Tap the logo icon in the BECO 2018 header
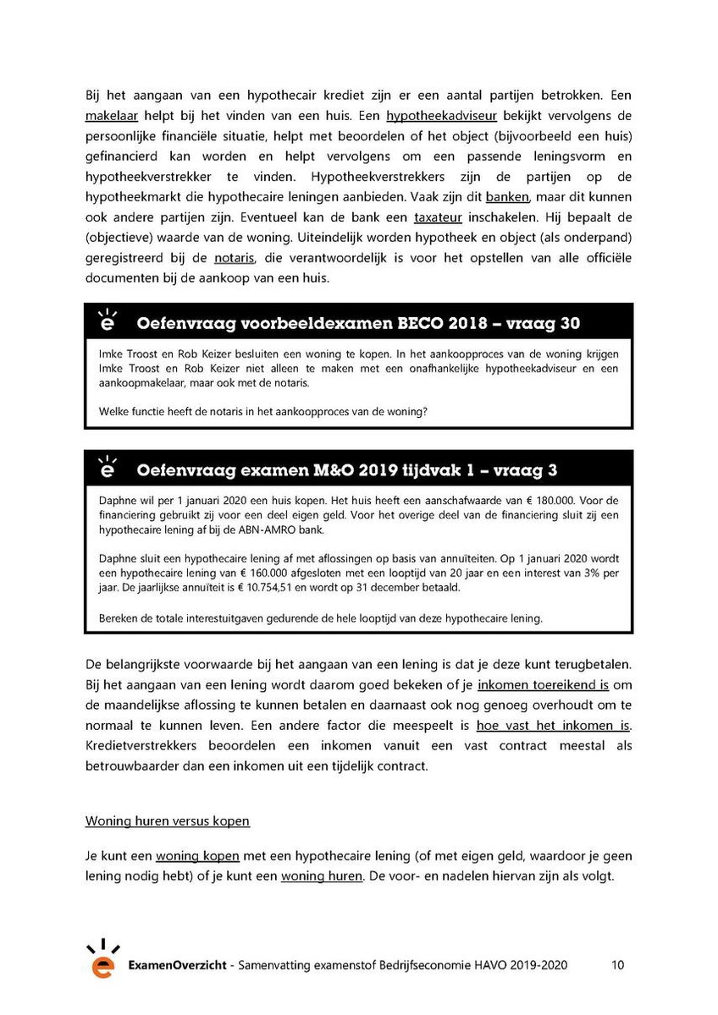[107, 321]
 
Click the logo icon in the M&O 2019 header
[107, 468]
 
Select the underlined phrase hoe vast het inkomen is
[554, 725]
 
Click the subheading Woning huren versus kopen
[168, 821]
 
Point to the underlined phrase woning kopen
[197, 855]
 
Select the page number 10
[617, 965]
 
